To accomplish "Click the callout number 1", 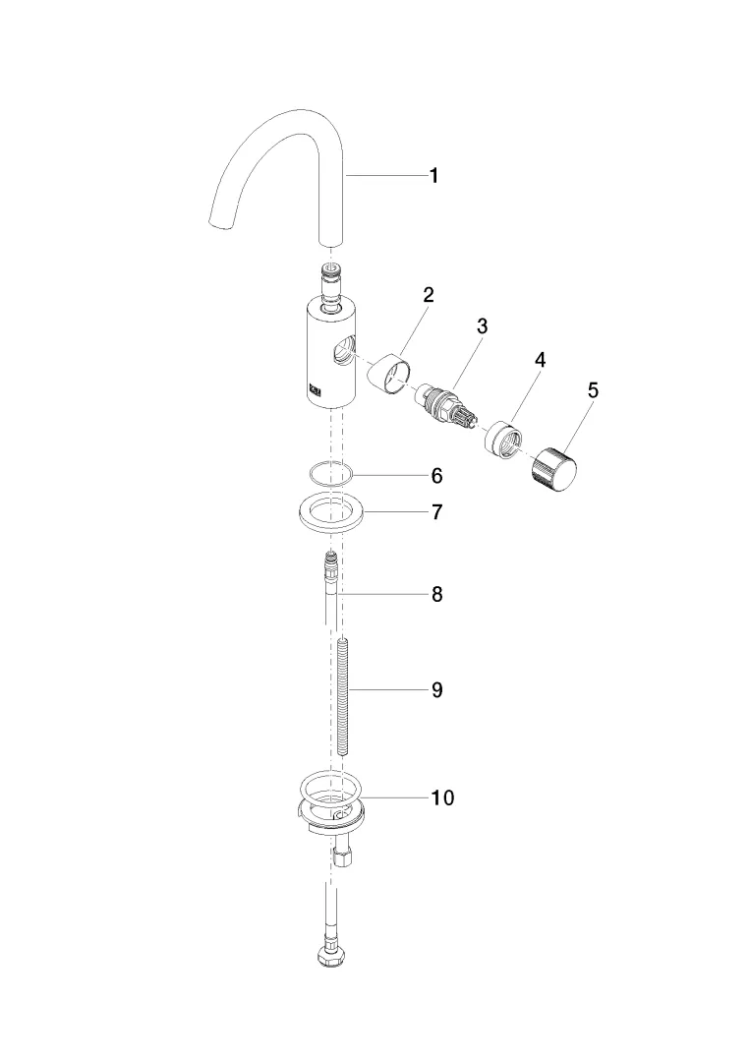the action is coord(434,176).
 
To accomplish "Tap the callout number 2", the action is coord(428,295).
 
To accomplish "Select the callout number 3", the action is coord(482,325).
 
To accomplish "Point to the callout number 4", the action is coord(540,360).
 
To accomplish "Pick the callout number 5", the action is coord(593,390).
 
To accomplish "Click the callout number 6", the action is coord(437,476).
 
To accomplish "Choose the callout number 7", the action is coord(437,511).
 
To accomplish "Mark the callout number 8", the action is coord(437,594).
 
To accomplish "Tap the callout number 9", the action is coord(437,689).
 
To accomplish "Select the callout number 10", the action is coord(442,797).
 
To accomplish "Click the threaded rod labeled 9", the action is coord(342,697).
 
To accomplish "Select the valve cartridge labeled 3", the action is coord(446,406).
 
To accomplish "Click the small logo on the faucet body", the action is coord(316,388).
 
